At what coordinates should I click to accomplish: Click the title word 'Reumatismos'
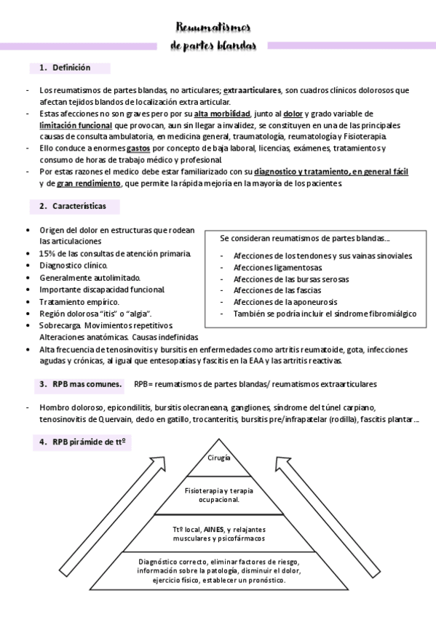click(x=213, y=28)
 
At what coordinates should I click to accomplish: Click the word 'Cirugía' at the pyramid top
click(x=218, y=458)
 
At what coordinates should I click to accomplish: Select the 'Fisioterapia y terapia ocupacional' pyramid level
click(x=218, y=495)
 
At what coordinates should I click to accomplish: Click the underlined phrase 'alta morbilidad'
click(x=222, y=114)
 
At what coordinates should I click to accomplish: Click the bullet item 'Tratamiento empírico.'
click(x=79, y=301)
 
